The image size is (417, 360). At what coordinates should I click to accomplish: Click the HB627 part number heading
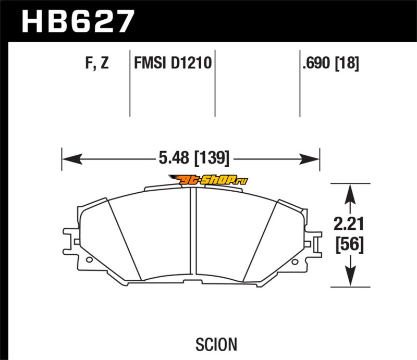78,21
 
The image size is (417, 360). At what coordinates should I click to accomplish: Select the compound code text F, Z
97,63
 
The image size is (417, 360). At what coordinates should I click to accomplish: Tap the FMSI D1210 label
173,63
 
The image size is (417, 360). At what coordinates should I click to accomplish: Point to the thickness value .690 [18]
330,63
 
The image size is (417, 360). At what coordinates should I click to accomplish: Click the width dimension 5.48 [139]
194,158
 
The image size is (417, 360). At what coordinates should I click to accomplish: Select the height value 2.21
349,224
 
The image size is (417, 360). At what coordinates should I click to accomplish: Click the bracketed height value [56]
349,244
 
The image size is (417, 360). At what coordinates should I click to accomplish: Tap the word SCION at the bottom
216,344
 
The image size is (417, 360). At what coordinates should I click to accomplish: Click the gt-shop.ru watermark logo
208,180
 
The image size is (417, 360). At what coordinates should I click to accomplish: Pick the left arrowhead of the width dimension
72,159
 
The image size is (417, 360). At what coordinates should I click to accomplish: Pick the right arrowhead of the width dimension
309,159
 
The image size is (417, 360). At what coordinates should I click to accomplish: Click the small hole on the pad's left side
89,259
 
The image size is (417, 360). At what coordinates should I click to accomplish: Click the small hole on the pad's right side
295,262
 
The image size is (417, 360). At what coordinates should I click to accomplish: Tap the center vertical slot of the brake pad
193,231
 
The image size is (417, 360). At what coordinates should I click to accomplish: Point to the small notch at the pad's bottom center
193,282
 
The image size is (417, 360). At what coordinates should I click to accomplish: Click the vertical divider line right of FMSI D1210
215,83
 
